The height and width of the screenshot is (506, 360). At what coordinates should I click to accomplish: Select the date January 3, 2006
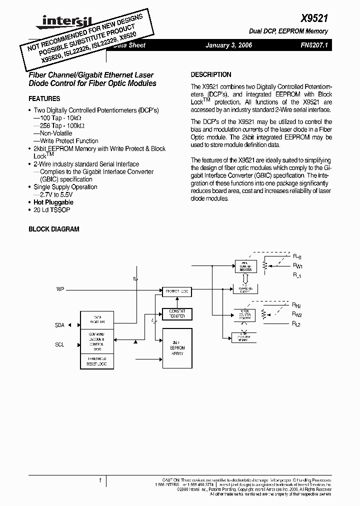[229, 45]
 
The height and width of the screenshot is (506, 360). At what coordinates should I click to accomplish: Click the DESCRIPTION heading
[211, 74]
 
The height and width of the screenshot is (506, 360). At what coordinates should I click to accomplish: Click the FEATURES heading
[44, 99]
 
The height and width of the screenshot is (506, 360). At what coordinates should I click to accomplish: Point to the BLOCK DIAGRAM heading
[53, 229]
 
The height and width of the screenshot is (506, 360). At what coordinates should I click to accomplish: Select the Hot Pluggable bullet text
[53, 202]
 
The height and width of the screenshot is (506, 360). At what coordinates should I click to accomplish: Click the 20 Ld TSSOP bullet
[51, 210]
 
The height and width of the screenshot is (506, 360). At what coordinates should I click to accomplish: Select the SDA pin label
[59, 325]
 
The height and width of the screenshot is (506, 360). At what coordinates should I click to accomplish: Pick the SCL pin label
[59, 344]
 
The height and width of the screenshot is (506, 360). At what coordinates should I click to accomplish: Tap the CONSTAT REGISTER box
[177, 314]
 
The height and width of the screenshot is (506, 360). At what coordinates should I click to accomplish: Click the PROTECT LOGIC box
[177, 291]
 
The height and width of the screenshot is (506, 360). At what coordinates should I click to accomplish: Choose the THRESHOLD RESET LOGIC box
[97, 361]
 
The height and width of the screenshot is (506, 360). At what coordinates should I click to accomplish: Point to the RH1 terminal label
[296, 257]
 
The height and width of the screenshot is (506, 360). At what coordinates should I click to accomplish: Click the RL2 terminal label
[296, 324]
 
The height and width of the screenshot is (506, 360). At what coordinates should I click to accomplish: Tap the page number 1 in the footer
[100, 481]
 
